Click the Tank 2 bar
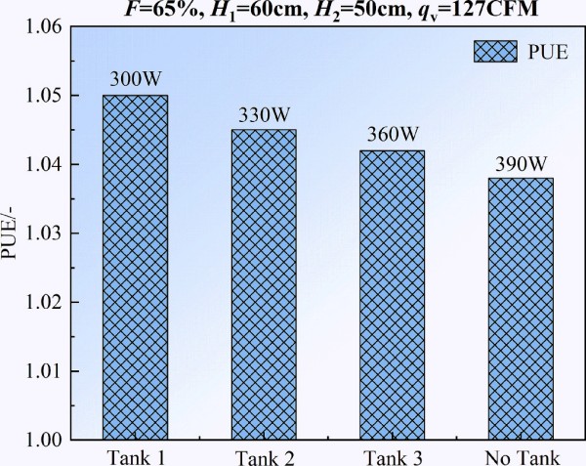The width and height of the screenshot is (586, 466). click(256, 284)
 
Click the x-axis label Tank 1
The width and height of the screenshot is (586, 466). click(129, 455)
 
